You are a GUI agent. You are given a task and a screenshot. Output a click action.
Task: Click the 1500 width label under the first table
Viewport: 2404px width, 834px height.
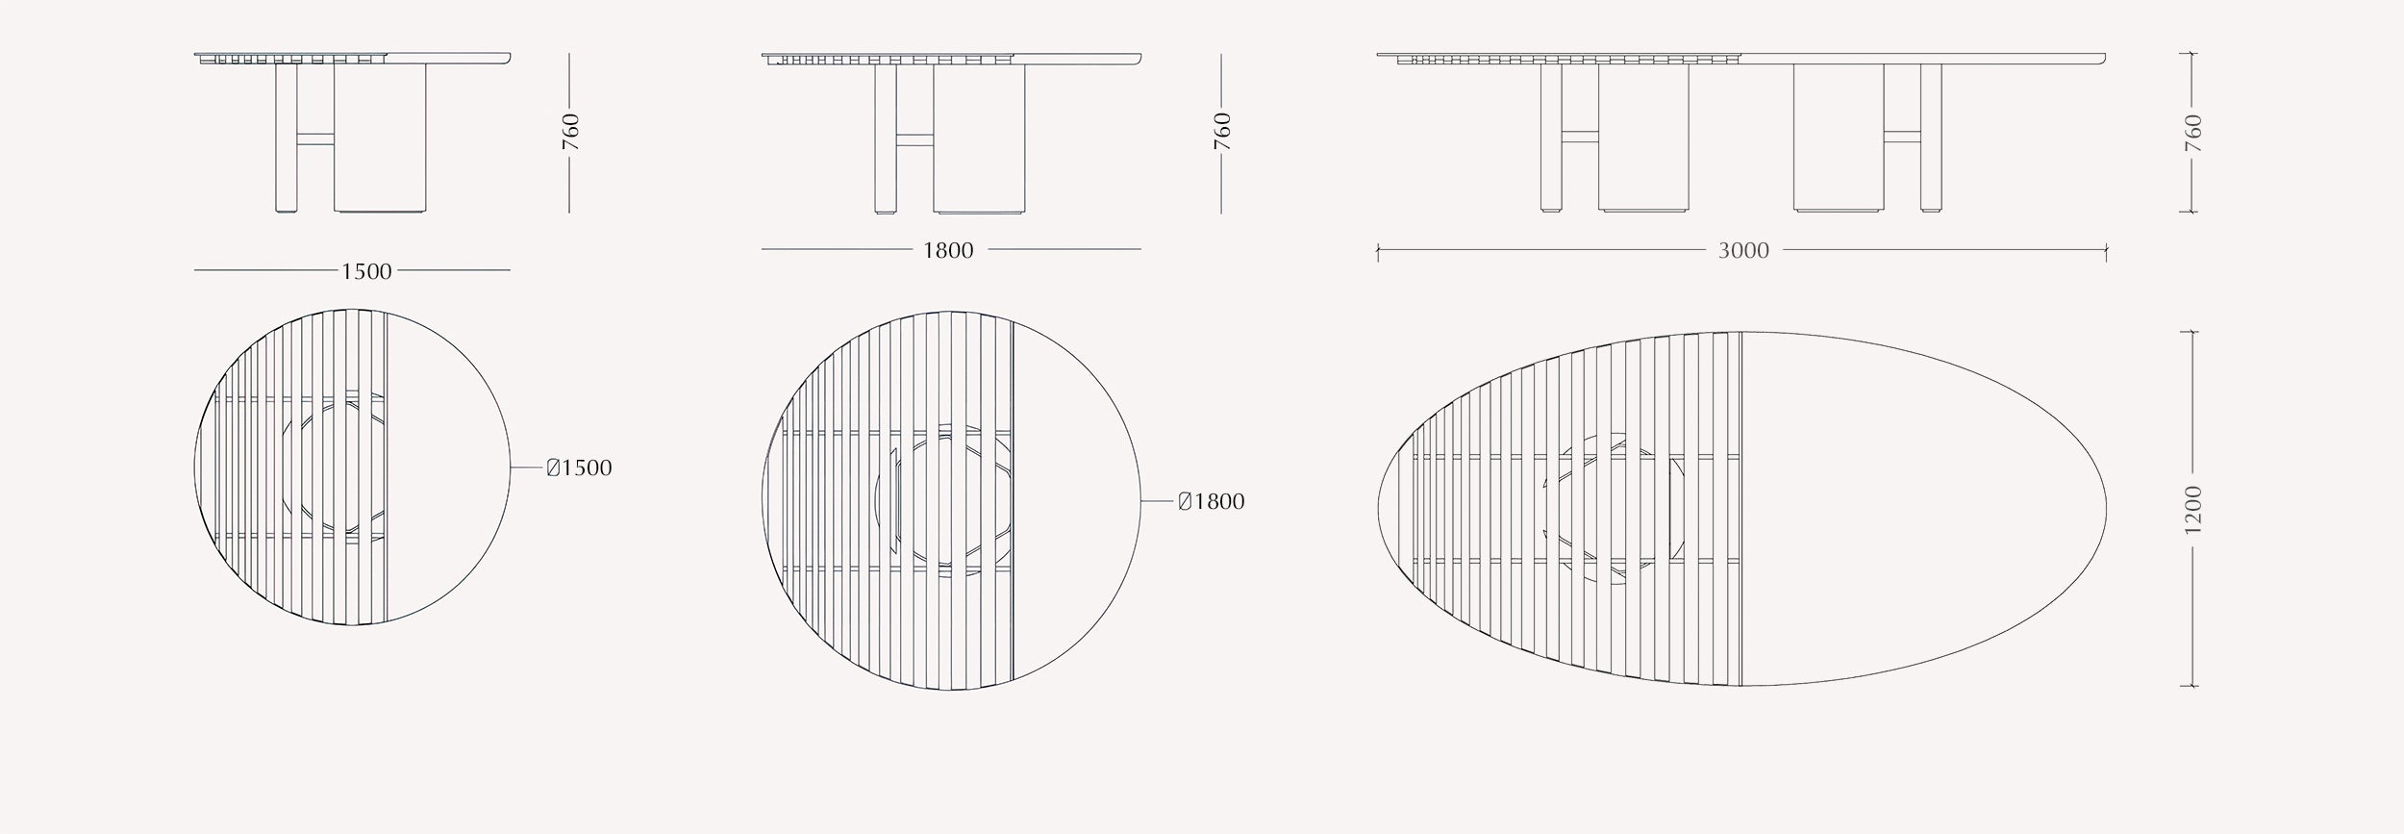tap(366, 271)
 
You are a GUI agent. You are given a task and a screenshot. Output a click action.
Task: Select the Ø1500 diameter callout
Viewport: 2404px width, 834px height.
tap(579, 468)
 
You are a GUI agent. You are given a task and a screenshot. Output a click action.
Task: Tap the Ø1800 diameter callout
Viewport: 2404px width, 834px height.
tap(1212, 502)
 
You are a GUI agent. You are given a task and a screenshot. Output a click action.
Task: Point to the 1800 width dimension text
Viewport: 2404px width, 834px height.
tap(948, 251)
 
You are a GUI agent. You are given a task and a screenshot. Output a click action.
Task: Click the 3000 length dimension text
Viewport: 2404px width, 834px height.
tap(1743, 251)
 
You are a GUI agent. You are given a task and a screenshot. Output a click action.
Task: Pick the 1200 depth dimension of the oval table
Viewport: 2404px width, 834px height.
tap(2193, 509)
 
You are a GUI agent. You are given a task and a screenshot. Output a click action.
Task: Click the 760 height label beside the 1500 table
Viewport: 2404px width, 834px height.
tap(571, 132)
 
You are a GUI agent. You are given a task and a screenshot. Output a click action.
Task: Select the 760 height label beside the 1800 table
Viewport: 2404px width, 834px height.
tap(1222, 132)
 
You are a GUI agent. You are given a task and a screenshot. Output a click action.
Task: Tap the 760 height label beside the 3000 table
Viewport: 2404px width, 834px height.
tap(2193, 133)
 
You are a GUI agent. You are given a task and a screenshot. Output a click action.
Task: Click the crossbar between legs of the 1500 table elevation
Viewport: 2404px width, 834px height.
tap(315, 139)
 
